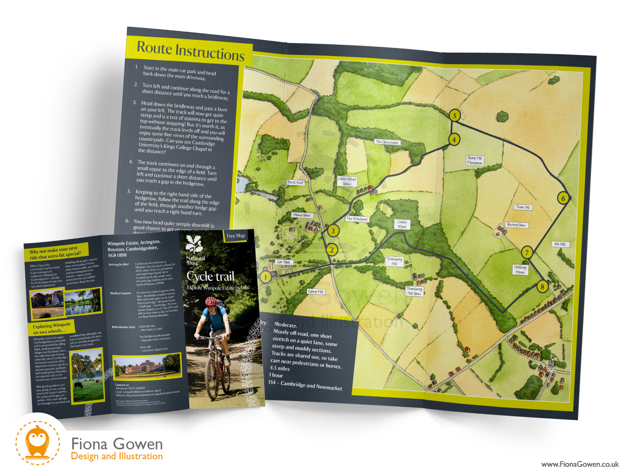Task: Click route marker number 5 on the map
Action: click(454, 115)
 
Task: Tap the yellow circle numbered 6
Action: click(563, 198)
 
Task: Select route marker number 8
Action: click(542, 287)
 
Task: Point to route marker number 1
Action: click(265, 277)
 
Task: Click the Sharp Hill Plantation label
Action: click(475, 160)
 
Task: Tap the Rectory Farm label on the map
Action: click(516, 225)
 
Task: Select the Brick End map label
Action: click(295, 182)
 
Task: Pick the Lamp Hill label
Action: click(315, 292)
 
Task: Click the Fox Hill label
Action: click(560, 244)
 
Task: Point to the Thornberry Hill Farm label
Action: click(414, 291)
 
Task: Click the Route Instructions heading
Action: click(190, 51)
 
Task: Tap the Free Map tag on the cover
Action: click(235, 236)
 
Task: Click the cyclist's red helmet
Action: click(211, 301)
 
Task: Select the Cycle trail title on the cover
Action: click(210, 276)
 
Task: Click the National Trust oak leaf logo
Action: click(194, 245)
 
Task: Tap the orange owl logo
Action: click(37, 442)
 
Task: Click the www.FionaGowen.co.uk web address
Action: click(580, 464)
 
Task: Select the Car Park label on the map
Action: click(284, 262)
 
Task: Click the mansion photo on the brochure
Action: click(147, 366)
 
